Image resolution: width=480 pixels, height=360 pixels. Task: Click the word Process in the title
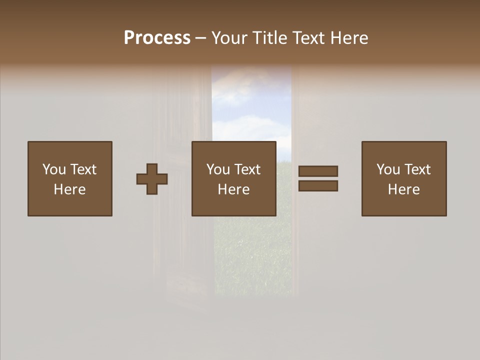pos(157,37)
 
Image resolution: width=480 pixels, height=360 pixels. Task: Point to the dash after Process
pos(201,38)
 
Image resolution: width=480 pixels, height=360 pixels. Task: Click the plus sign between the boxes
pos(152,178)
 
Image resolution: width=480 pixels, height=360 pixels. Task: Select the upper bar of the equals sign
pos(318,171)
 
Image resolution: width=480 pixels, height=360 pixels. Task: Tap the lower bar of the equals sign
pos(318,185)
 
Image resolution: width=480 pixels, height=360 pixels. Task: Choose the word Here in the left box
pos(69,189)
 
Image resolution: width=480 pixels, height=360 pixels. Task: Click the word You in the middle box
pos(218,169)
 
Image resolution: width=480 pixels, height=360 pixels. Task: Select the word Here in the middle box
pos(233,189)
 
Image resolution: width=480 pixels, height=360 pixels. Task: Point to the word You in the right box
pos(388,169)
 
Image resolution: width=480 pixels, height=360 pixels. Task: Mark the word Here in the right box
pos(403,189)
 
